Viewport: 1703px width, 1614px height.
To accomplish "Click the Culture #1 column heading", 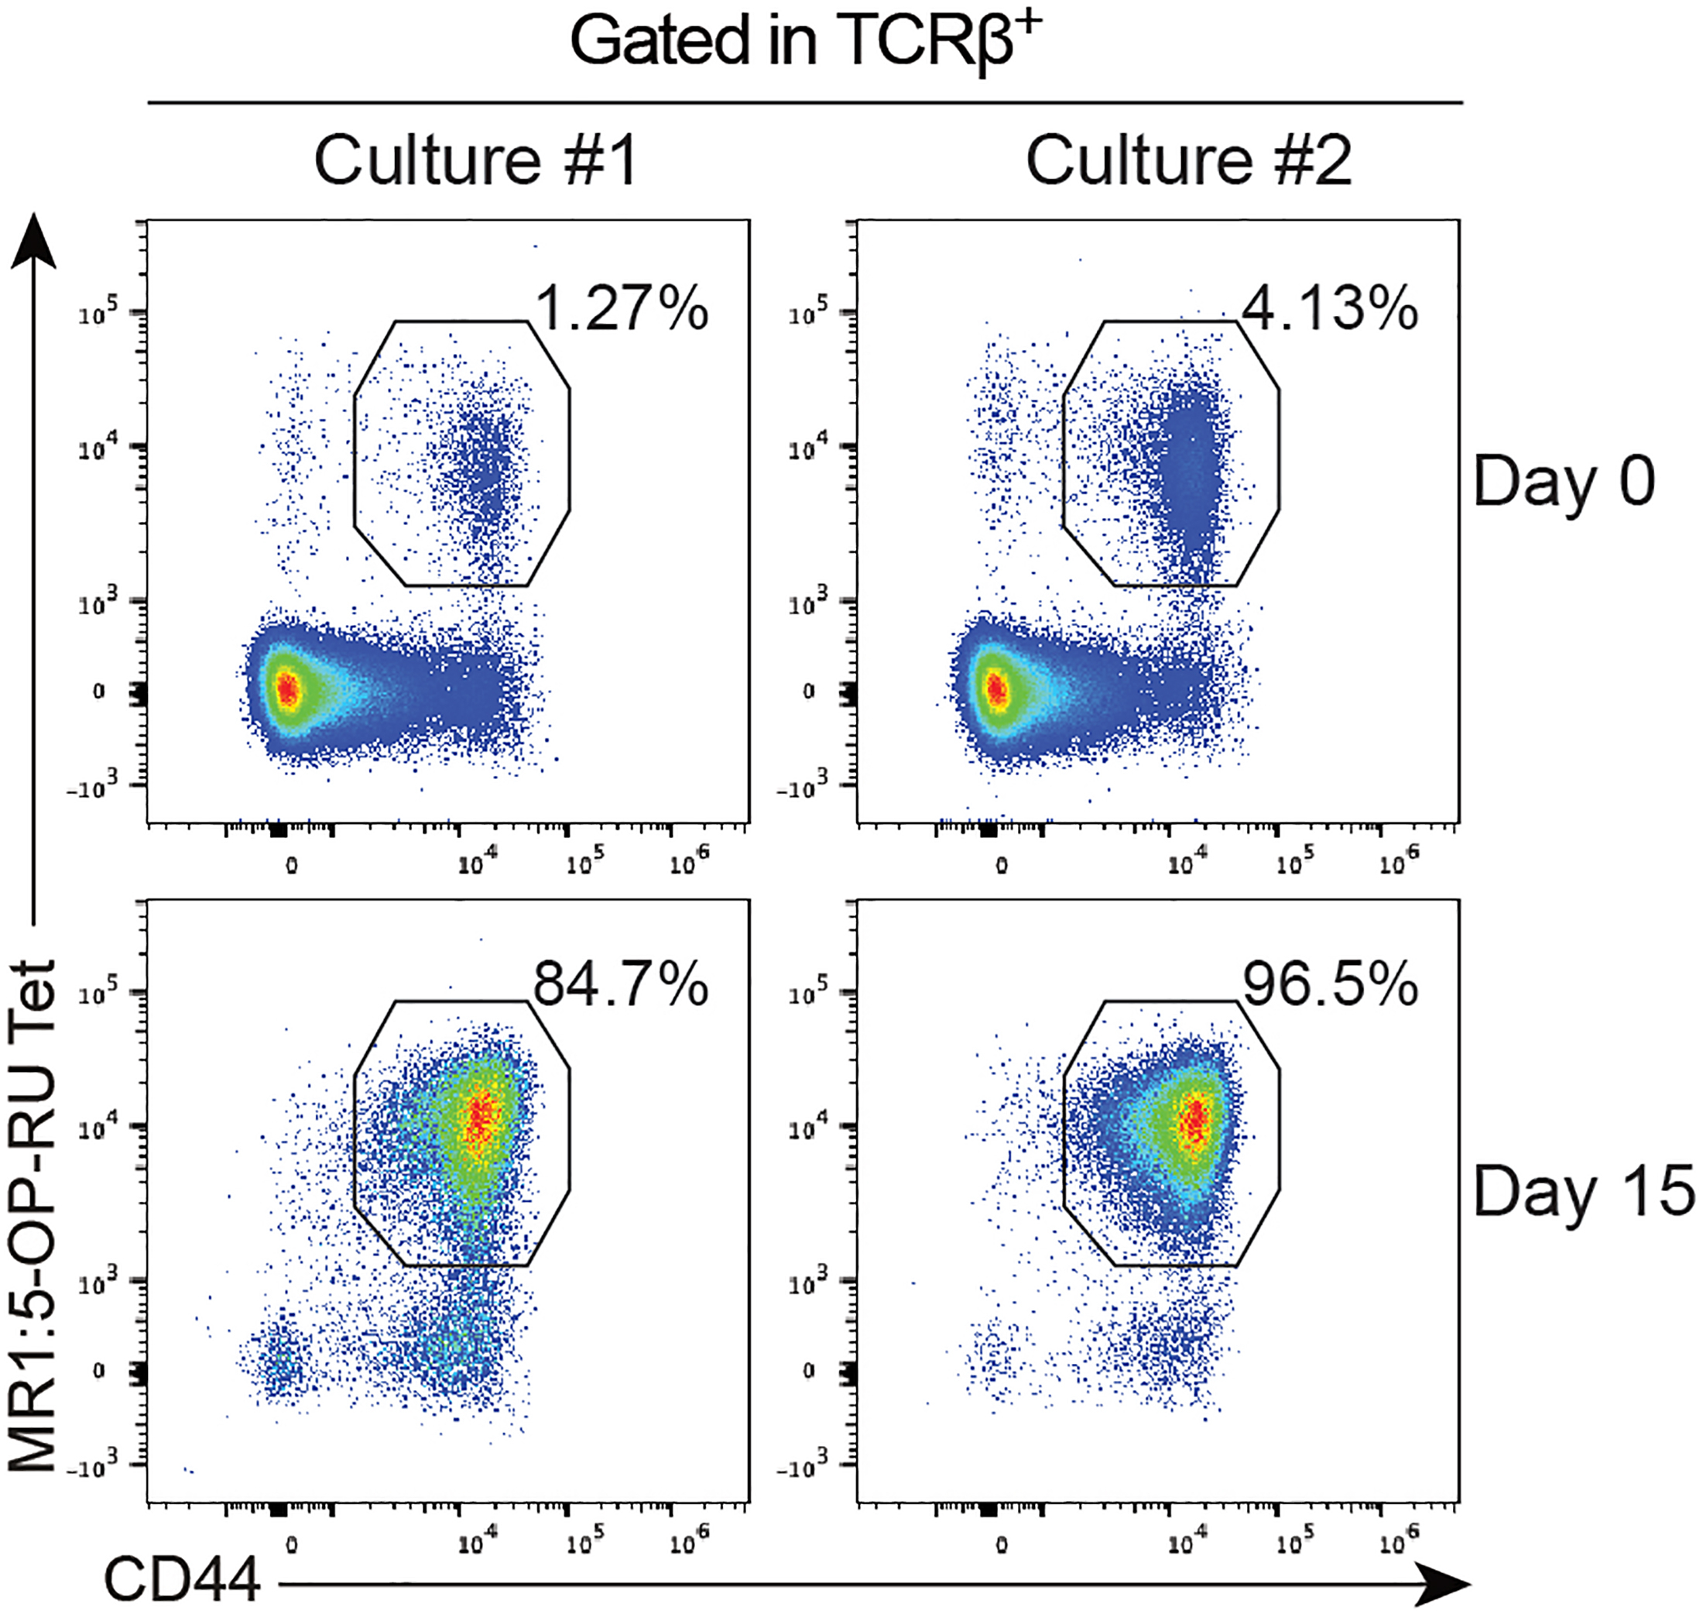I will [475, 161].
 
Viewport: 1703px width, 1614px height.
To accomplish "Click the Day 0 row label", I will [1564, 482].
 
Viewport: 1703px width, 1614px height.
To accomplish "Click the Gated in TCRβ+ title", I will [805, 41].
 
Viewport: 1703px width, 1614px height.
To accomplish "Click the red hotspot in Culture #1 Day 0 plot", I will [287, 689].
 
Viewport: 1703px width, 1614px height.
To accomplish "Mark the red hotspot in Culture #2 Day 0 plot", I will [996, 689].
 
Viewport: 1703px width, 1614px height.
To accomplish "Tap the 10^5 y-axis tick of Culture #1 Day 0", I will [98, 315].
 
